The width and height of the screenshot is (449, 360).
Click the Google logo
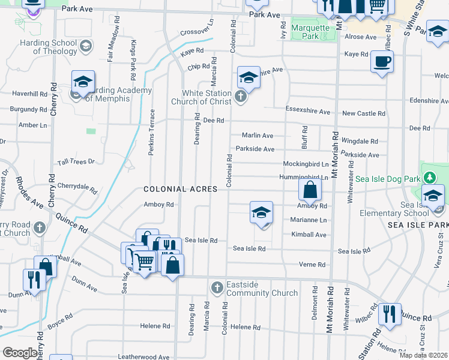(x=20, y=353)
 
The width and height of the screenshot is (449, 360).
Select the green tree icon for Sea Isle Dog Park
(x=429, y=178)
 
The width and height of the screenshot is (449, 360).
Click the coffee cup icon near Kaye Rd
(x=382, y=61)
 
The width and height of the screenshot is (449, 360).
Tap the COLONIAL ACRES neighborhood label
(x=180, y=189)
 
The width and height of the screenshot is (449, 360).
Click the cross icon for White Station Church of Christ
(x=240, y=97)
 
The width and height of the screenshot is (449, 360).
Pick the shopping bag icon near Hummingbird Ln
(x=310, y=191)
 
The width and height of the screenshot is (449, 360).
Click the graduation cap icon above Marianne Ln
(x=261, y=213)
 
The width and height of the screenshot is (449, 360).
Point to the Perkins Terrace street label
(x=152, y=132)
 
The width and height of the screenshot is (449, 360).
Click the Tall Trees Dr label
(x=76, y=162)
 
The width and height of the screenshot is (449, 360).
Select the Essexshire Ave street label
(x=308, y=112)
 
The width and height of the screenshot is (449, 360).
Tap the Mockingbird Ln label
(x=306, y=164)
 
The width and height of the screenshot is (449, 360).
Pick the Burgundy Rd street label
(x=28, y=110)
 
